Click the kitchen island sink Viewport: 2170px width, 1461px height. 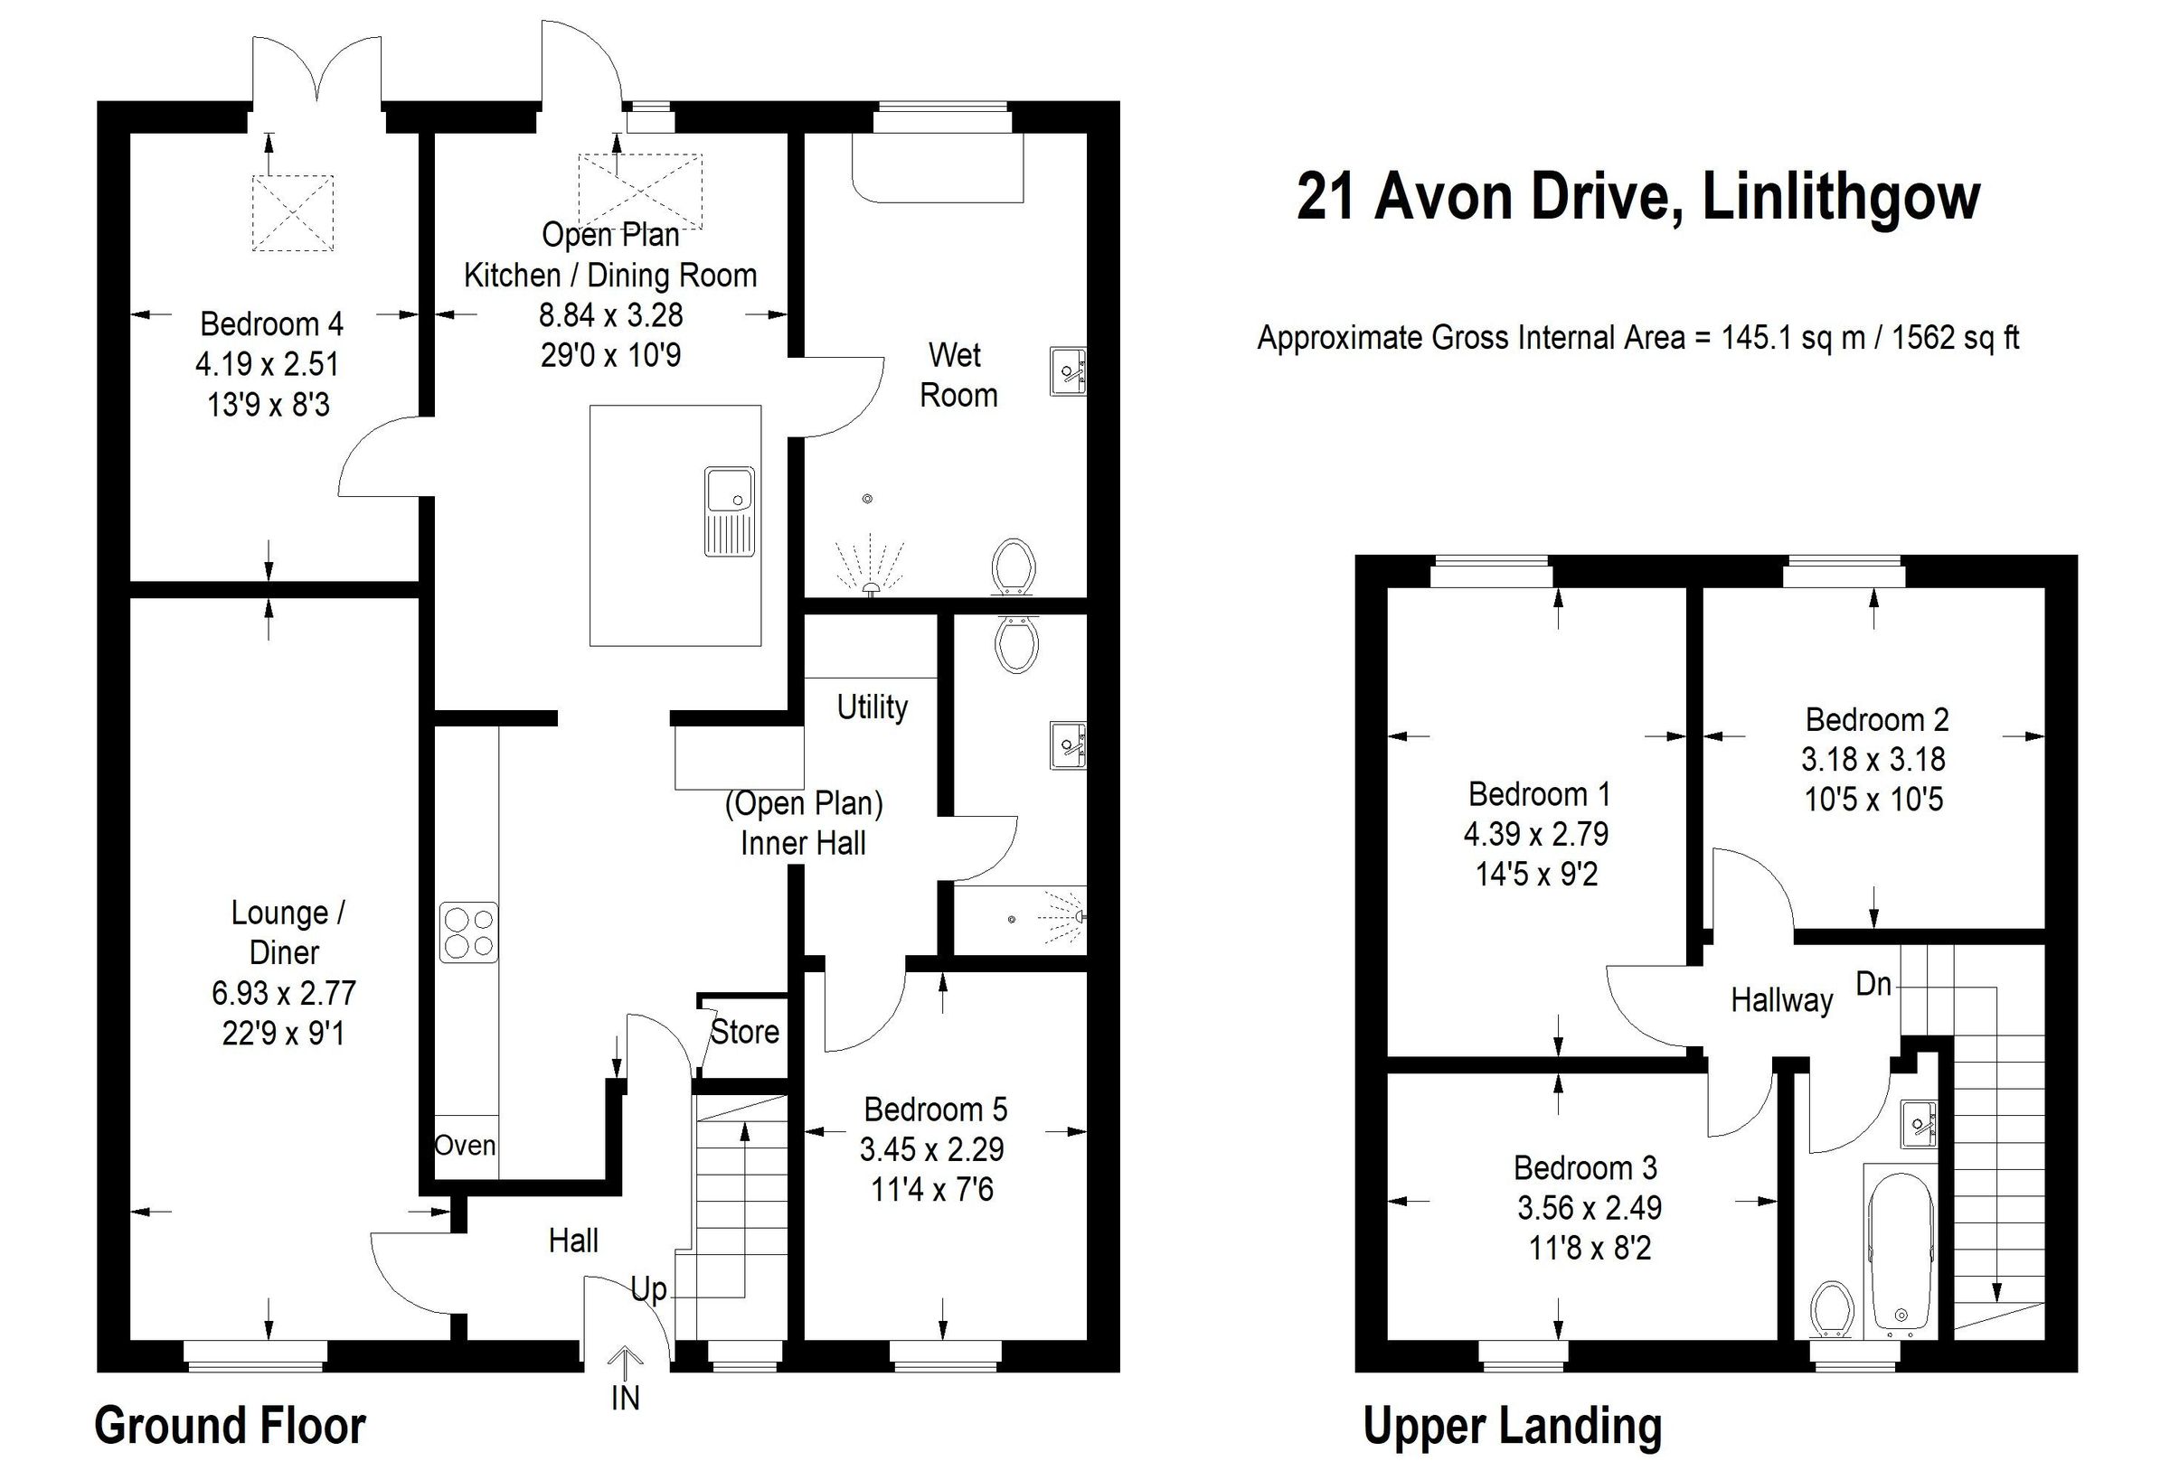(x=729, y=510)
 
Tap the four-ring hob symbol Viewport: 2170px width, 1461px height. (x=468, y=932)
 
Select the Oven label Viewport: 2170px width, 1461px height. (x=464, y=1145)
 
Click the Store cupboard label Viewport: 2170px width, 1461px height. (x=745, y=1032)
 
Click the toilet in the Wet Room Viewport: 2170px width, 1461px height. (x=1014, y=566)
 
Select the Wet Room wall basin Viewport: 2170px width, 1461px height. (x=1068, y=370)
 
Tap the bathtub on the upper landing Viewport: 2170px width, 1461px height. (x=1901, y=1250)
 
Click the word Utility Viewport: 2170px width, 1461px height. (x=872, y=707)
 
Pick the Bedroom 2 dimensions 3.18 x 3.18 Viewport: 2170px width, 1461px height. (x=1873, y=759)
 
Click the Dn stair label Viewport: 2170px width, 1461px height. (x=1873, y=983)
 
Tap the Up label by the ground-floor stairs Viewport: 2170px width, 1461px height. (x=649, y=1289)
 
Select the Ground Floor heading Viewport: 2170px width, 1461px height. (x=231, y=1426)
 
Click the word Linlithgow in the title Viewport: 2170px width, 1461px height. (x=1841, y=197)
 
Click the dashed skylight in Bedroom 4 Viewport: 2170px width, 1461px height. (x=293, y=212)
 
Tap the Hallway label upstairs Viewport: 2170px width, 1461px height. (x=1781, y=1000)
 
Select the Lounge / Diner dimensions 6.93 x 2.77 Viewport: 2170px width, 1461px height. (x=283, y=993)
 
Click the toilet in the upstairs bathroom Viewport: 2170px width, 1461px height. (x=1833, y=1310)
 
